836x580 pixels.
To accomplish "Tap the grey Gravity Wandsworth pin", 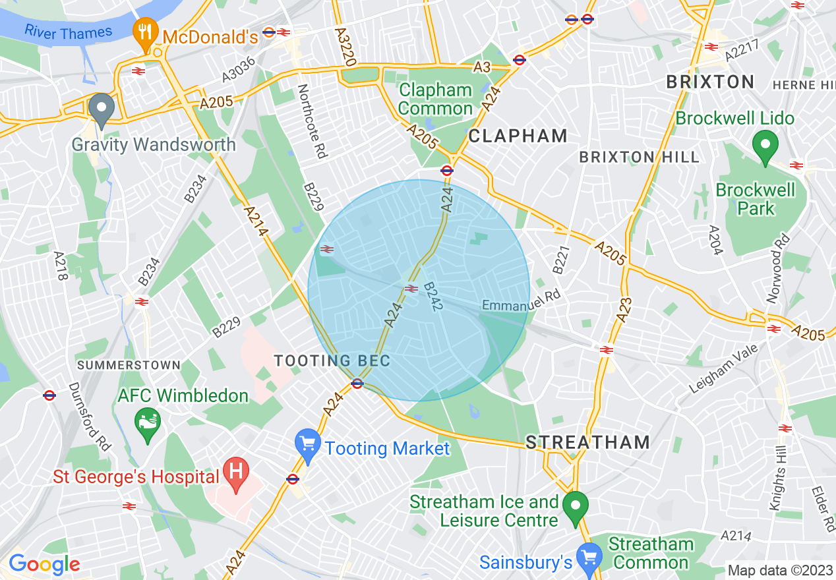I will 101,110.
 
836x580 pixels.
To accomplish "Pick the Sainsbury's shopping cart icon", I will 588,558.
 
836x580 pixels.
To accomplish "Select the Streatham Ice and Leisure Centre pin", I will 576,507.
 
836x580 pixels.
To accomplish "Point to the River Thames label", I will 69,31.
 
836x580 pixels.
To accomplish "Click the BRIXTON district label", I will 710,82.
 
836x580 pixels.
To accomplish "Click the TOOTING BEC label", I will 332,361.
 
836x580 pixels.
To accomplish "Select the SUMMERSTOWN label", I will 129,364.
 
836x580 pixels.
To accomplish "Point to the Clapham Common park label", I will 436,99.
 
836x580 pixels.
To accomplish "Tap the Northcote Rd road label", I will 312,121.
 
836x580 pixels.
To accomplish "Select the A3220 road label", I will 345,47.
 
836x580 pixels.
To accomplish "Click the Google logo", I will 44,564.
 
